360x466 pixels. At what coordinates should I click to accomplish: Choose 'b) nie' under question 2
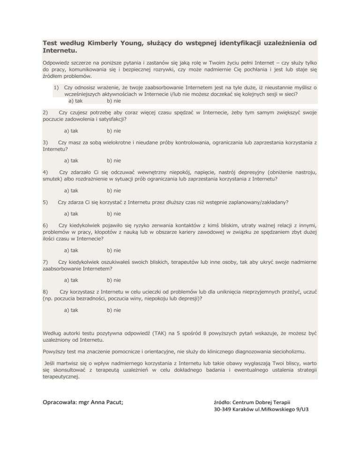click(114, 131)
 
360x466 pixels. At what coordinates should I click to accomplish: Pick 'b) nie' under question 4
click(114, 190)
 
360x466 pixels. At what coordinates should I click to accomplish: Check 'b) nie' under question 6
click(114, 250)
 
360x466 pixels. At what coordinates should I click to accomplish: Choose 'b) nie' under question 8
click(114, 310)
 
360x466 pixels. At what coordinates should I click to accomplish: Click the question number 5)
click(45, 202)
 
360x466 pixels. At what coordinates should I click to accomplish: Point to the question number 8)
click(45, 292)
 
